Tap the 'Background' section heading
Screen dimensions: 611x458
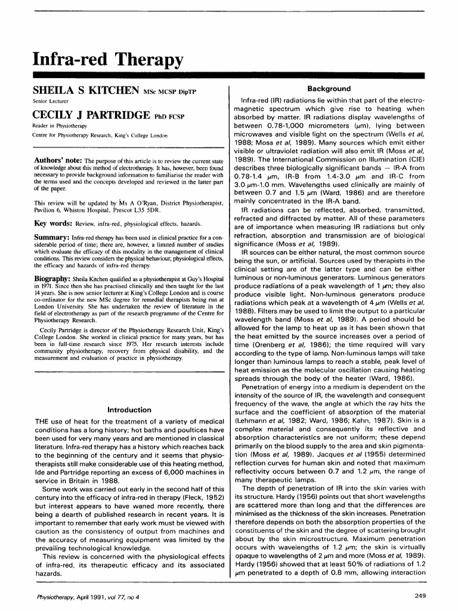(329, 89)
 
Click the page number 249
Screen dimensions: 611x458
(418, 595)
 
